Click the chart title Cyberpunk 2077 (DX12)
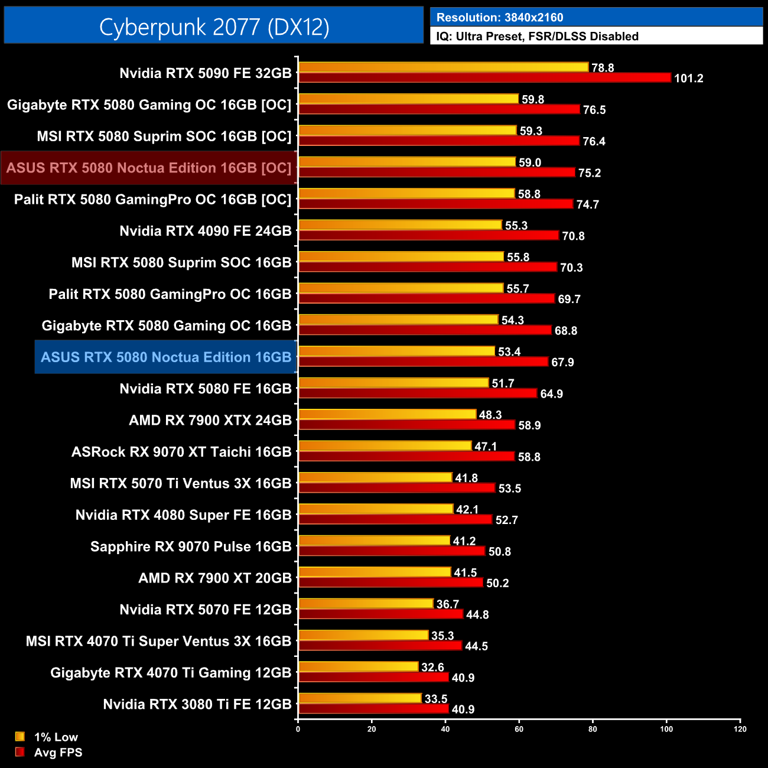click(x=214, y=27)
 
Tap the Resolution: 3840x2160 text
click(x=500, y=18)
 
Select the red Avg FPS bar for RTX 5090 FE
click(x=484, y=78)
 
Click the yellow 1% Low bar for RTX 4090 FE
click(x=401, y=225)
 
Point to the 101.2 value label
click(x=688, y=79)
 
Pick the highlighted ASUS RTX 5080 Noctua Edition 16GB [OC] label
click(x=149, y=168)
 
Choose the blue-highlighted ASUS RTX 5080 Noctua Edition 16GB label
click(x=166, y=357)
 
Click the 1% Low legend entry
click(x=56, y=737)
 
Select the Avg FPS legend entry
click(x=58, y=752)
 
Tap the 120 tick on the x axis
click(x=740, y=729)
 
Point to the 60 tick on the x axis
click(x=519, y=729)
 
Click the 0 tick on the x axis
click(x=298, y=729)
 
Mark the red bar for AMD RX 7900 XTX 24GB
click(x=407, y=425)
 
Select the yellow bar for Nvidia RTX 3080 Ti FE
click(x=360, y=698)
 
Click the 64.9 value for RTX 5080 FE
click(x=551, y=394)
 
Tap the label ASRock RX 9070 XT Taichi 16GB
click(x=181, y=452)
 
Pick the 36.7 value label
click(x=447, y=604)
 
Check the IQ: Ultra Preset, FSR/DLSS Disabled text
click(x=537, y=37)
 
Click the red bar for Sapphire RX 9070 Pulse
click(x=392, y=551)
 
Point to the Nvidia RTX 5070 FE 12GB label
click(x=206, y=610)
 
